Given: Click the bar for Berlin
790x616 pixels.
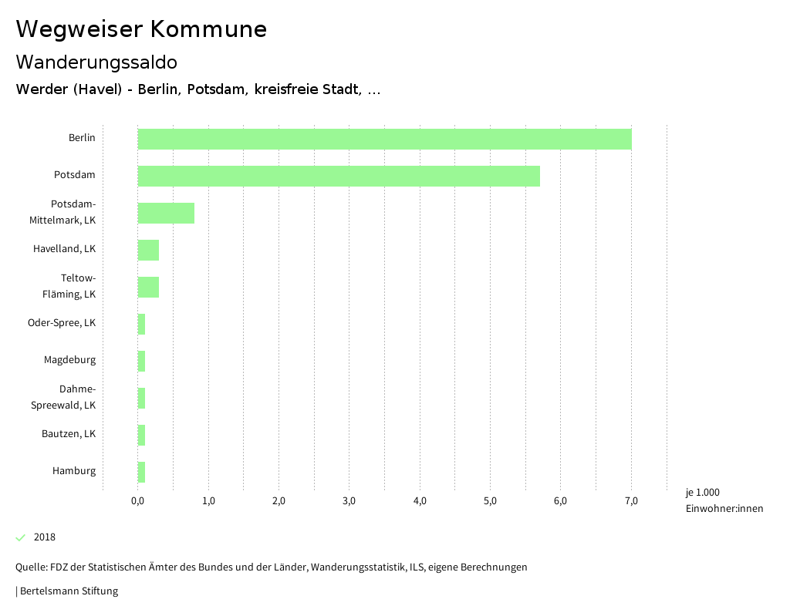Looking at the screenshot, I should coord(384,139).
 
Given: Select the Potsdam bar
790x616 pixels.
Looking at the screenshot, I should coord(339,176).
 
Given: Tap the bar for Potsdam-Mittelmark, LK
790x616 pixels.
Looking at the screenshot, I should coord(166,213).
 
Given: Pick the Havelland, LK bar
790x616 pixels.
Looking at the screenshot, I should coord(148,250).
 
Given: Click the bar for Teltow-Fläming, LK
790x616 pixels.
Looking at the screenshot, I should coord(148,287).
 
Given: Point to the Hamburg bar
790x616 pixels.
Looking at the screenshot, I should coord(141,472).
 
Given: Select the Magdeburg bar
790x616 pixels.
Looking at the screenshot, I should coord(141,361).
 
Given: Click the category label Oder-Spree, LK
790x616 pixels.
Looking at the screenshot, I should coord(62,323).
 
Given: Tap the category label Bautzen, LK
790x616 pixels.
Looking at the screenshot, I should coord(69,434).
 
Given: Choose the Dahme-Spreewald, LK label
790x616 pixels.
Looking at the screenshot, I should coord(63,397).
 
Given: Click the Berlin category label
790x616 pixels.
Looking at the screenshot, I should coord(82,138).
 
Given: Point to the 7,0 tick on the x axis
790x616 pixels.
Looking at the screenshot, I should coord(631,501).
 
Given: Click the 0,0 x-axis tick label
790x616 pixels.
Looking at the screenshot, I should coord(138,501).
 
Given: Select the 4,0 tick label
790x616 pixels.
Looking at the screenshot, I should coord(420,501).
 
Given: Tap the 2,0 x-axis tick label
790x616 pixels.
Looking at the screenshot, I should coord(279,501).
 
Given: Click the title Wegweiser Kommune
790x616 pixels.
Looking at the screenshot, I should coord(141,29).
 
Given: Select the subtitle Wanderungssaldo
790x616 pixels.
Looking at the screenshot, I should coord(96,62).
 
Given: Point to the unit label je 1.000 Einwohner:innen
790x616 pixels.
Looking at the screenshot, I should coord(724,500).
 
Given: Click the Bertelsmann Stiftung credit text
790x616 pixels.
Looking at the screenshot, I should coord(68,591).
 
